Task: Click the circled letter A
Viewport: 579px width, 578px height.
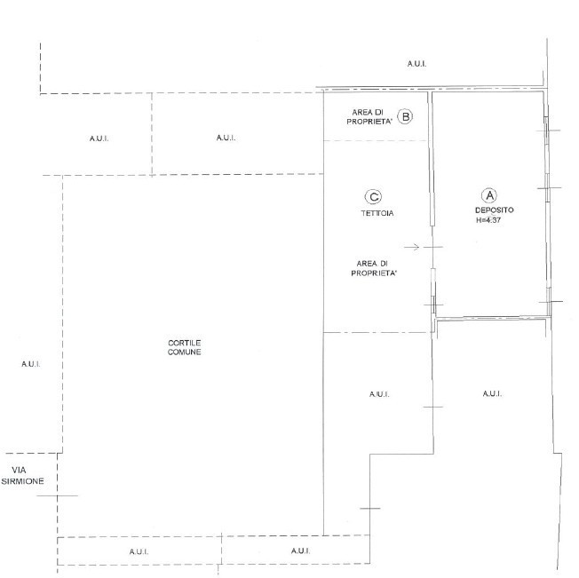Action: pyautogui.click(x=489, y=195)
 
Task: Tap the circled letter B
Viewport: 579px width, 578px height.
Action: pyautogui.click(x=405, y=116)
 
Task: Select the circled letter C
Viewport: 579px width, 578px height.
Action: pyautogui.click(x=373, y=197)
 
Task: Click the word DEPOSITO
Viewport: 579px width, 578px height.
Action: pyautogui.click(x=494, y=210)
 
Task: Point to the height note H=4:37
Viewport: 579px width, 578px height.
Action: pyautogui.click(x=488, y=220)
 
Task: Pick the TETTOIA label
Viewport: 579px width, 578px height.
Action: pyautogui.click(x=377, y=213)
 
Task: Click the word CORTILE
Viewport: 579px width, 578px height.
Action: pyautogui.click(x=184, y=343)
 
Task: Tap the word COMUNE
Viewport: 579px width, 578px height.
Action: pyautogui.click(x=184, y=352)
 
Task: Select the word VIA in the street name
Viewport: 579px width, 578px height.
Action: pyautogui.click(x=19, y=471)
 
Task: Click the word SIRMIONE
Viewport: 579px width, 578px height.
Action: pyautogui.click(x=22, y=481)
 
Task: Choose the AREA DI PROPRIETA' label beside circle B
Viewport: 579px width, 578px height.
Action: pyautogui.click(x=369, y=116)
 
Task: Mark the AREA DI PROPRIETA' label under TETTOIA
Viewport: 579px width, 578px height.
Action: pyautogui.click(x=374, y=268)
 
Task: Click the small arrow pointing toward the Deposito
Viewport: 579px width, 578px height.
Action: pyautogui.click(x=412, y=247)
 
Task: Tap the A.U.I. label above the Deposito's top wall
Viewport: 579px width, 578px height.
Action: pyautogui.click(x=416, y=64)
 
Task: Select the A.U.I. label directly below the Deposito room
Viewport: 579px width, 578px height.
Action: pyautogui.click(x=492, y=394)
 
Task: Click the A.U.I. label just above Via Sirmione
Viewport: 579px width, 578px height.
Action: pyautogui.click(x=31, y=364)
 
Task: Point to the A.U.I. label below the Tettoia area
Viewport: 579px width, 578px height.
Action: pyautogui.click(x=379, y=394)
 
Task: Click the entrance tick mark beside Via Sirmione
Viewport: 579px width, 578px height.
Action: pyautogui.click(x=57, y=495)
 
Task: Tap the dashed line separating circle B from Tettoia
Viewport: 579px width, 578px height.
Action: pyautogui.click(x=375, y=140)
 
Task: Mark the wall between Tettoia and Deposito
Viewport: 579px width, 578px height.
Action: pyautogui.click(x=432, y=205)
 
